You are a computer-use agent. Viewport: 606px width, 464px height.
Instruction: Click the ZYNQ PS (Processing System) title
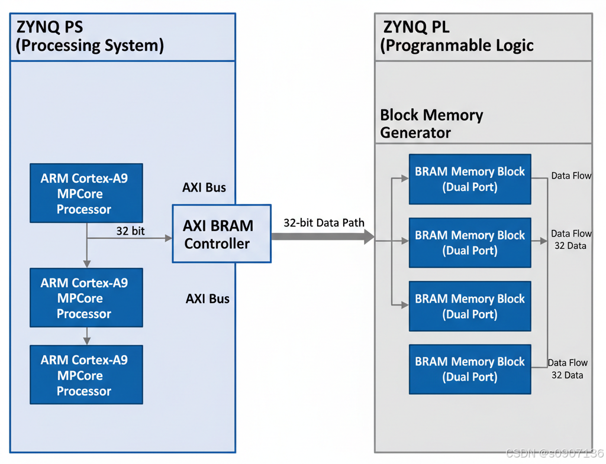click(89, 37)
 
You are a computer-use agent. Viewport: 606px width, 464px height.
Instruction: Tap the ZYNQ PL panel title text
click(456, 37)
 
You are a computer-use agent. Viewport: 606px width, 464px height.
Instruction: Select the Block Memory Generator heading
click(431, 124)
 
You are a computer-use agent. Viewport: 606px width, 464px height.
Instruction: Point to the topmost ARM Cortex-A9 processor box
click(86, 193)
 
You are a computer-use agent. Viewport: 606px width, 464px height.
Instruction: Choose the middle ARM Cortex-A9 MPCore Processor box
click(86, 298)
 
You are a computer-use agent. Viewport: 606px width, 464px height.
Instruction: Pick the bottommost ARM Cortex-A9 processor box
click(86, 375)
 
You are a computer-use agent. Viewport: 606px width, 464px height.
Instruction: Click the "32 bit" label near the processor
click(130, 231)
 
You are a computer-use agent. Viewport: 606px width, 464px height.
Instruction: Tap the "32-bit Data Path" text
click(324, 223)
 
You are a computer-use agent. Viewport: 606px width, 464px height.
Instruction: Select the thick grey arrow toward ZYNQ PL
click(323, 237)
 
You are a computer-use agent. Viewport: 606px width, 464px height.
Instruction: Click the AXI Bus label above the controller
click(204, 187)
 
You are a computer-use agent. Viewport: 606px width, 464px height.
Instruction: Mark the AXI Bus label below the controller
click(208, 298)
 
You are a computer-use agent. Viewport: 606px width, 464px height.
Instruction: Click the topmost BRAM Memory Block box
click(470, 179)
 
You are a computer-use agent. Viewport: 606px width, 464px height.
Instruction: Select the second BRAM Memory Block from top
click(470, 242)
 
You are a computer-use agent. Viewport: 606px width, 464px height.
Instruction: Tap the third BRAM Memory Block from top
click(470, 306)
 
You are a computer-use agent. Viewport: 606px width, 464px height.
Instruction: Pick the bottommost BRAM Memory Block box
click(470, 369)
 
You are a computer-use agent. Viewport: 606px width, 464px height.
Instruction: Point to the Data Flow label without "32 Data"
click(571, 176)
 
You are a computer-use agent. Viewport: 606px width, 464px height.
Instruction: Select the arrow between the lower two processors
click(87, 336)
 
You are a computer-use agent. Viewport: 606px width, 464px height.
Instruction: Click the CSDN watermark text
click(555, 453)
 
